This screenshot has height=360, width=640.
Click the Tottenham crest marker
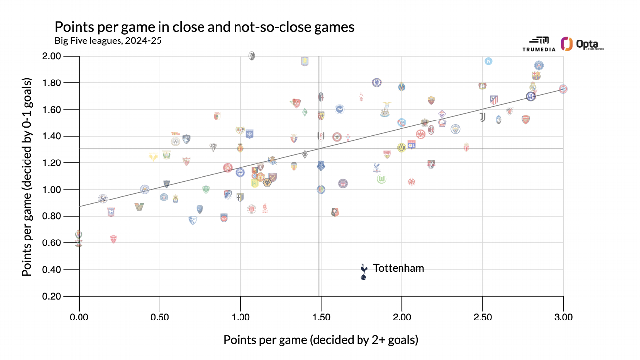tap(364, 271)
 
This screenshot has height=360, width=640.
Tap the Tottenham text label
tap(399, 268)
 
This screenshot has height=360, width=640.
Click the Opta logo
tap(583, 44)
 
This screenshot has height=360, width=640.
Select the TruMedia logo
tap(539, 44)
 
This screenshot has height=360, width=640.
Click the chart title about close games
tap(204, 27)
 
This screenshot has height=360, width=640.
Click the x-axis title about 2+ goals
tap(321, 340)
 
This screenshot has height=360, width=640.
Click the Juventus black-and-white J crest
tap(482, 118)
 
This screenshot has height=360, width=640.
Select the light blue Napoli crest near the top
tap(489, 61)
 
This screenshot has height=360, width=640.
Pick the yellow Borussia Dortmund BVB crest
tap(401, 148)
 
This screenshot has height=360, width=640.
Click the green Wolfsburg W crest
tap(381, 179)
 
